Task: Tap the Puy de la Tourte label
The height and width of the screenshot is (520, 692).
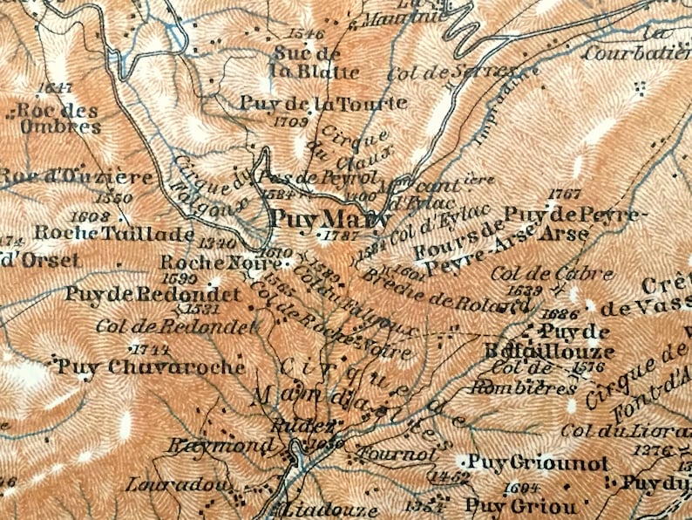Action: click(x=323, y=103)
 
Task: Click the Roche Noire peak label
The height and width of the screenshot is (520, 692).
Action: click(x=209, y=262)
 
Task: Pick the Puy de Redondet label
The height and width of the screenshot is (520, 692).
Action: click(x=153, y=294)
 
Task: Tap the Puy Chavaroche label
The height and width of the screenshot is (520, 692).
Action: click(x=152, y=366)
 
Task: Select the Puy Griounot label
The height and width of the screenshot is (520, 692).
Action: click(x=537, y=462)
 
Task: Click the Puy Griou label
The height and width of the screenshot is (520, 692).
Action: click(x=520, y=504)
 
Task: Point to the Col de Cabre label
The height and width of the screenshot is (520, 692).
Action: click(x=552, y=273)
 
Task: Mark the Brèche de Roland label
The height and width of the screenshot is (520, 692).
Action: click(x=444, y=291)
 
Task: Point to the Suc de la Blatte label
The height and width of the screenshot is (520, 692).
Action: click(x=302, y=62)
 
